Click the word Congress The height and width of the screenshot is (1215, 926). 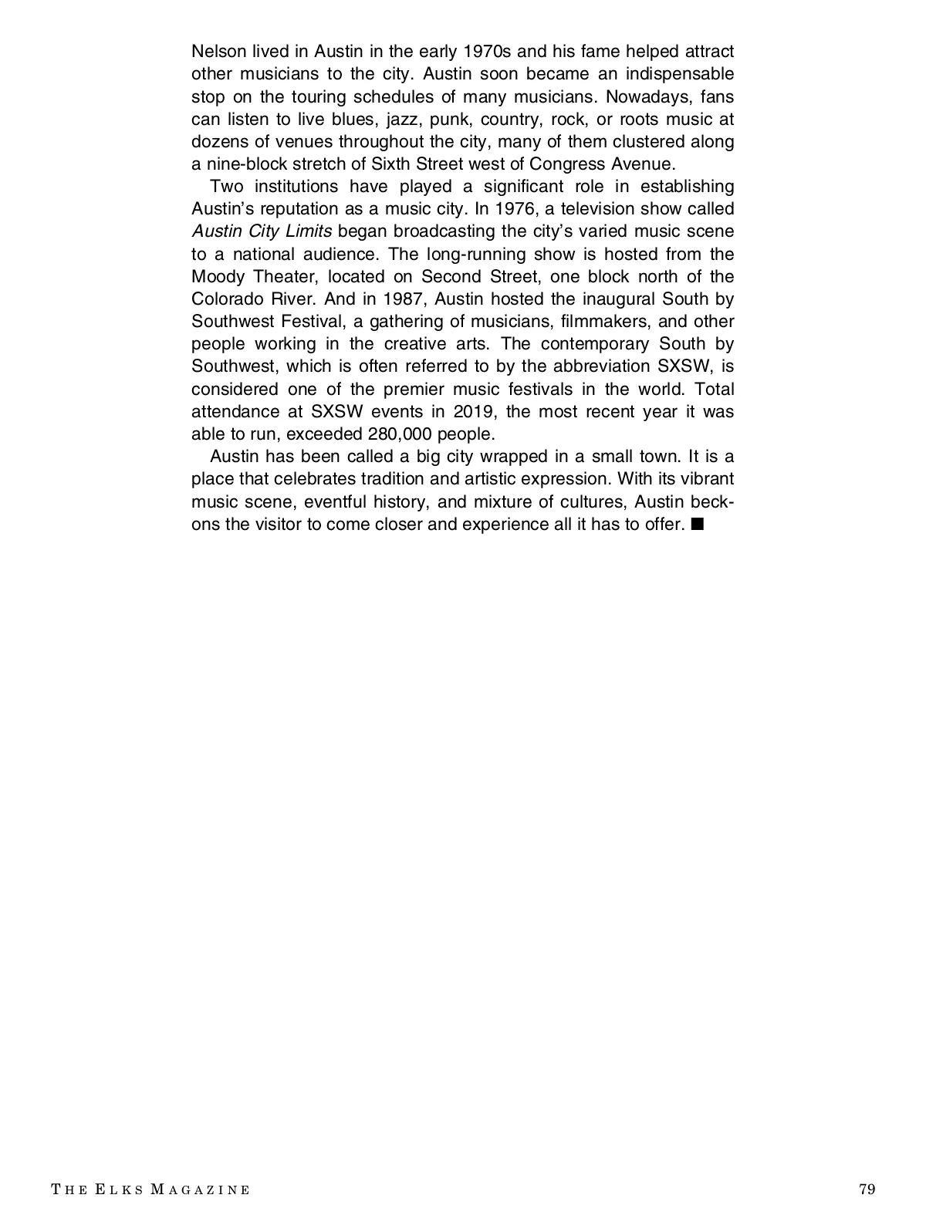(x=563, y=164)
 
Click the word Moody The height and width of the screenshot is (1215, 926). (x=218, y=276)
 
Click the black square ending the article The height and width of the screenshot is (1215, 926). (x=698, y=525)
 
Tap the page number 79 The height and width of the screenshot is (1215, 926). (x=867, y=1189)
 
